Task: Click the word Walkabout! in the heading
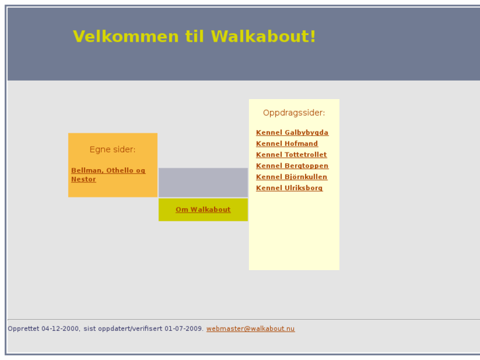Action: [263, 37]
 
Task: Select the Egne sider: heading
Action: [112, 150]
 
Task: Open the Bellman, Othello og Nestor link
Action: [108, 170]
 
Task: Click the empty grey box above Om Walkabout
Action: [203, 182]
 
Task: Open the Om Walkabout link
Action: [203, 210]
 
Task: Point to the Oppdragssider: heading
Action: [294, 113]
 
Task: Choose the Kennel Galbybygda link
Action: [292, 133]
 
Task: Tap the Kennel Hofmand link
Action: [287, 144]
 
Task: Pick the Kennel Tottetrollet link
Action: [291, 155]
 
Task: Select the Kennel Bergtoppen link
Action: [292, 166]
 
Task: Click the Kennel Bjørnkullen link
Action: [291, 177]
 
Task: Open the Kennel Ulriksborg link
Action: [289, 188]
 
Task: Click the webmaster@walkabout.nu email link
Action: [250, 329]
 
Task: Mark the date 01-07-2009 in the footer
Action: [184, 329]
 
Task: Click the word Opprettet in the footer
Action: [23, 329]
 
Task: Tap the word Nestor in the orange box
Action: [83, 180]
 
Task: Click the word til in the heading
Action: [195, 37]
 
